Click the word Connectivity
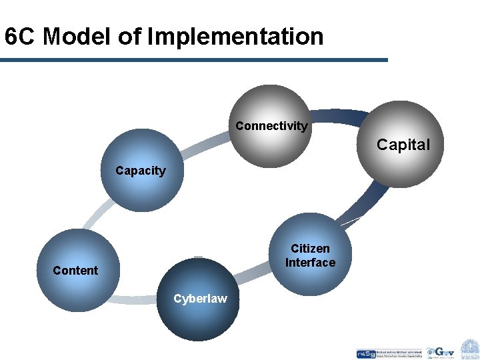tap(271, 126)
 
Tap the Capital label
tap(403, 145)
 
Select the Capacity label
tap(140, 171)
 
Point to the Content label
tap(75, 270)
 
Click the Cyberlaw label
tap(200, 299)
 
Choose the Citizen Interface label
tap(310, 255)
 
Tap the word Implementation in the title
tap(235, 37)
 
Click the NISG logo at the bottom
tap(366, 353)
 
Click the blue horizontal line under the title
tap(193, 60)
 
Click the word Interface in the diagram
tap(310, 263)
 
